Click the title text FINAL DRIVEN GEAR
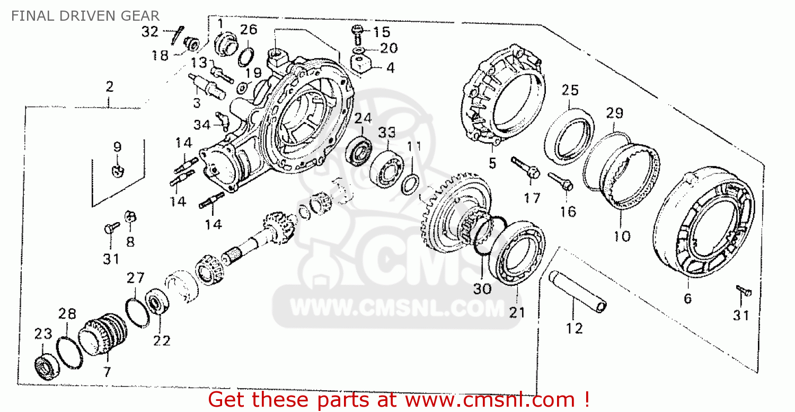point(85,15)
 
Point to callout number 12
point(574,328)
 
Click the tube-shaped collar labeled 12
point(578,292)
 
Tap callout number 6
point(687,299)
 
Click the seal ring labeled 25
point(569,135)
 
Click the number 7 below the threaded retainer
point(108,372)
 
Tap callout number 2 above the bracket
point(109,86)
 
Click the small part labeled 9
point(118,170)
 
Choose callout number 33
point(387,132)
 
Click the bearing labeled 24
point(359,151)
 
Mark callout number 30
point(483,289)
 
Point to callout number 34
point(201,125)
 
